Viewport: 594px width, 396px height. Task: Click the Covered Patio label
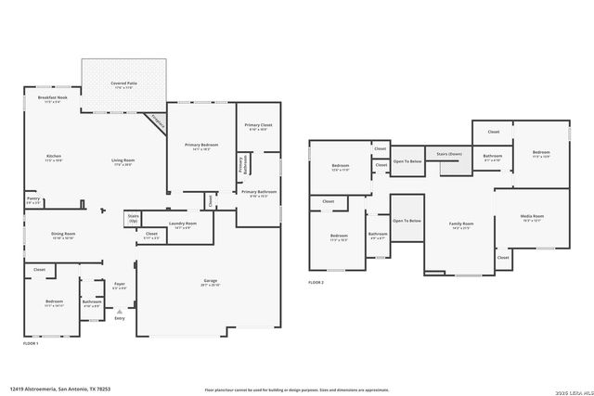pos(124,83)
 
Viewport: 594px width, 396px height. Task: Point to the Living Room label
pos(123,160)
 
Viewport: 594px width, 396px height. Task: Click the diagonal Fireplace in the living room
pos(156,121)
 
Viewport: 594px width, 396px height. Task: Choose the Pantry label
pos(33,198)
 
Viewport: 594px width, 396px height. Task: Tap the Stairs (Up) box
pos(133,219)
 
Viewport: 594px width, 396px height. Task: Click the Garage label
pos(211,281)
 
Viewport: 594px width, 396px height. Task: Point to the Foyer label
pos(120,284)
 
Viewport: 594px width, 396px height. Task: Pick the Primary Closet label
pos(257,125)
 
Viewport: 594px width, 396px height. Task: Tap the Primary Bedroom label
pos(200,145)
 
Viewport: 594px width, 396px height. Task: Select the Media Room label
pos(532,217)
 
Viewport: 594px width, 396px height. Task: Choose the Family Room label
pos(461,224)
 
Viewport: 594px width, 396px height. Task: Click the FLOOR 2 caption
pos(316,282)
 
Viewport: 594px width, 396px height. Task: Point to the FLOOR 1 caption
pos(31,343)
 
